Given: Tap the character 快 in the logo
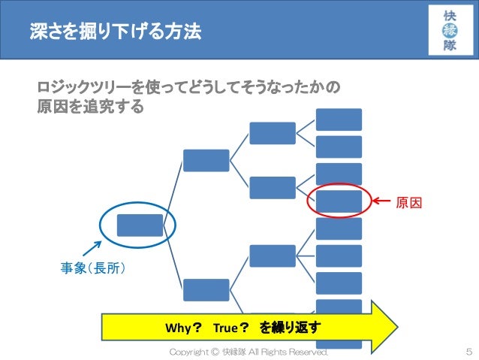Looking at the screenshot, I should [x=450, y=16].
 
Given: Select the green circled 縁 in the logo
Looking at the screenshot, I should [x=450, y=31].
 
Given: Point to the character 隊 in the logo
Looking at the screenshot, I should [x=450, y=46].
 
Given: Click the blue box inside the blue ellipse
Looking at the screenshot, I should [x=140, y=225].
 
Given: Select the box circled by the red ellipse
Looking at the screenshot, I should [x=339, y=201].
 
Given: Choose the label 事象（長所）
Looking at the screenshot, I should [x=92, y=266].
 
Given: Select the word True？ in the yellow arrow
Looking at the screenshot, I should [x=230, y=328].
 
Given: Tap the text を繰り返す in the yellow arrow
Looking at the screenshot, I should [x=291, y=328].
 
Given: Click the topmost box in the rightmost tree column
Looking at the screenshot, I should [x=339, y=119].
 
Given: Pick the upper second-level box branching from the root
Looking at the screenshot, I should [x=206, y=160].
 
